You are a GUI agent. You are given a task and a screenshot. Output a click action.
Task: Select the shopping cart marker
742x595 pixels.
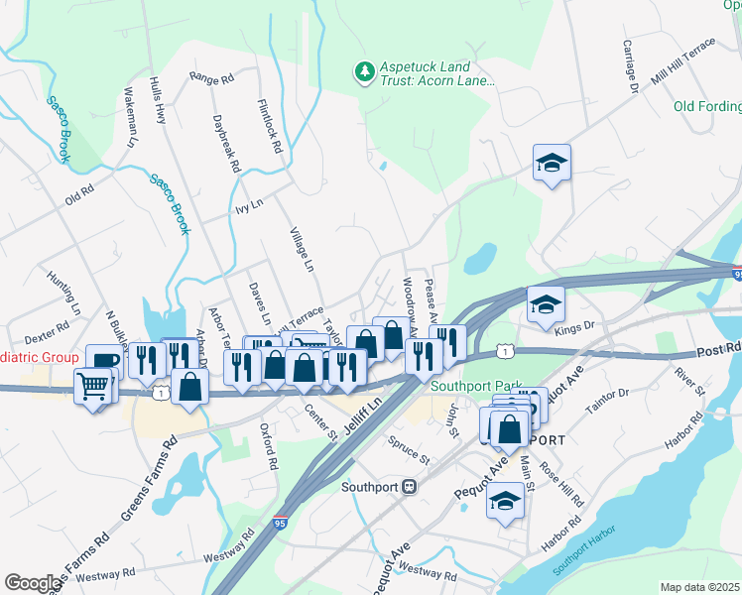click(92, 386)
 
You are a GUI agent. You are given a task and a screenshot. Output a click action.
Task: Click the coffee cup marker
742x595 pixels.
click(104, 360)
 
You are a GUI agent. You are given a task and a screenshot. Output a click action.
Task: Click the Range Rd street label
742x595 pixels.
click(210, 77)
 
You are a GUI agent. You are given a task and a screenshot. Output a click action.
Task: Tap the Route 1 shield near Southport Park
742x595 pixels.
click(506, 351)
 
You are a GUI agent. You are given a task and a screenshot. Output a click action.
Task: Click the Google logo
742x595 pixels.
click(32, 583)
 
